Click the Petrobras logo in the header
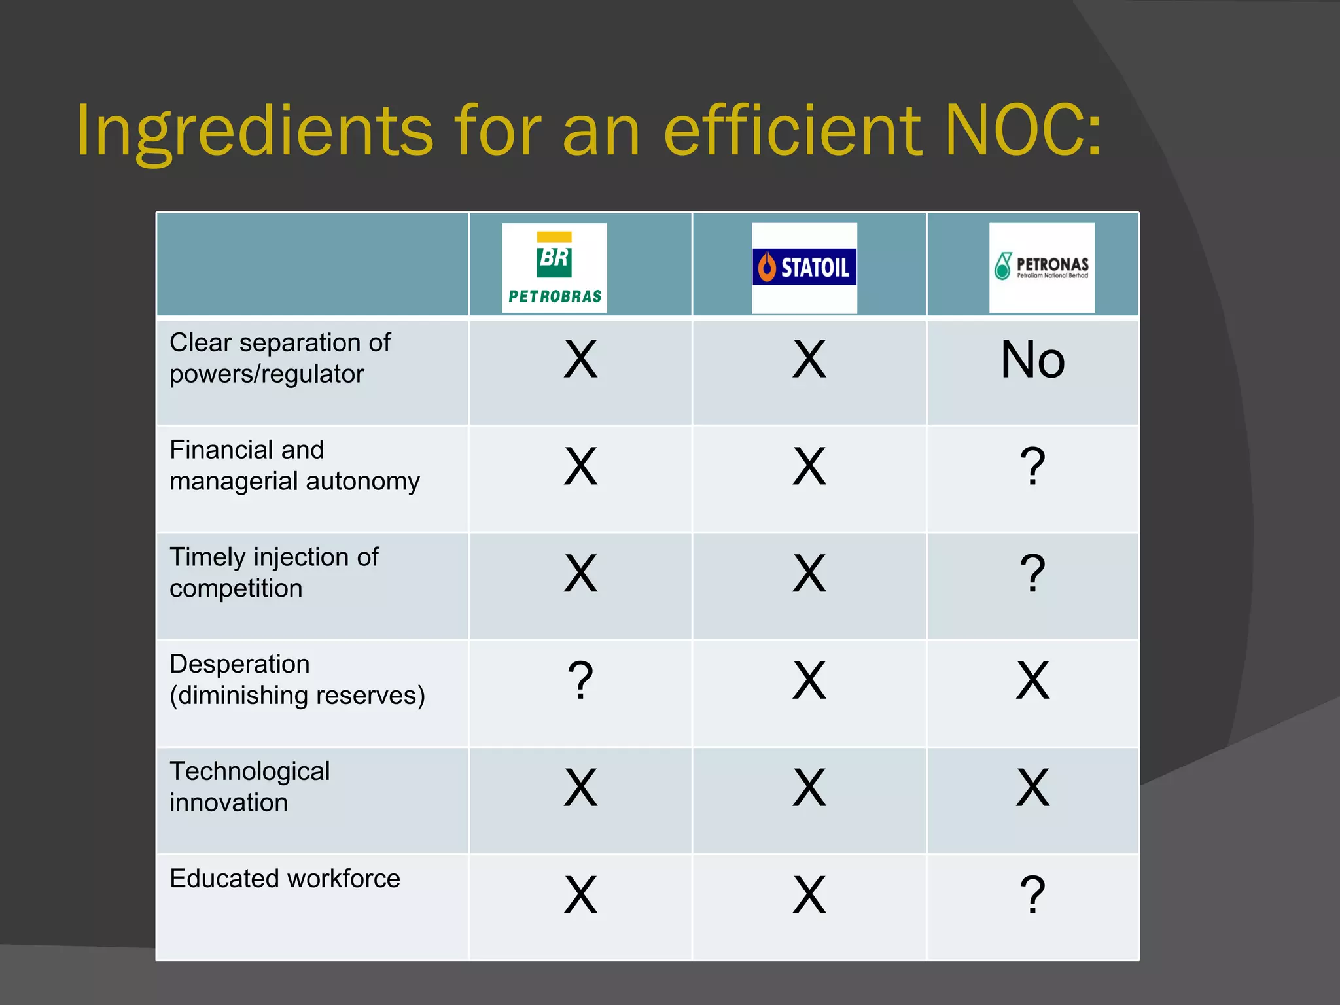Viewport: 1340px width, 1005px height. point(554,268)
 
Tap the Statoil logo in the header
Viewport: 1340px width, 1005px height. point(804,267)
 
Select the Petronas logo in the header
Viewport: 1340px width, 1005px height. point(1042,267)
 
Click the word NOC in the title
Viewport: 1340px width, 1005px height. point(1024,130)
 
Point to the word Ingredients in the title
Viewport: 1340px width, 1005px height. point(255,132)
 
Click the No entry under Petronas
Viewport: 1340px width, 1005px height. point(1032,360)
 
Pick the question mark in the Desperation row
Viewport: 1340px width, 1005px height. point(580,680)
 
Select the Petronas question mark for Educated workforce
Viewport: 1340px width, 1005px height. point(1032,894)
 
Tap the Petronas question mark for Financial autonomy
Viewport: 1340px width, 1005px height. point(1032,467)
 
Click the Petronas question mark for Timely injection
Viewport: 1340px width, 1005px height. point(1032,574)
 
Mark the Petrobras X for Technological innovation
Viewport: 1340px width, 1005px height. point(580,788)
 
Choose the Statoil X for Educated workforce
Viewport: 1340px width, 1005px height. point(809,894)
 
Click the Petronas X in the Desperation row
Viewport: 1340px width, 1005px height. point(1032,680)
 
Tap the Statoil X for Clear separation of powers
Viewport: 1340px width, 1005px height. point(809,360)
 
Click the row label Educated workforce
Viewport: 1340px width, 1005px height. point(285,879)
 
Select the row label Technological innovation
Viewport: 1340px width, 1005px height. point(249,786)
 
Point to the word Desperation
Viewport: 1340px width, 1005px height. point(239,664)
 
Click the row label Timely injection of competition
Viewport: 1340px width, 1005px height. point(273,573)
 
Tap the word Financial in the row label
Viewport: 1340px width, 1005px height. point(219,450)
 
